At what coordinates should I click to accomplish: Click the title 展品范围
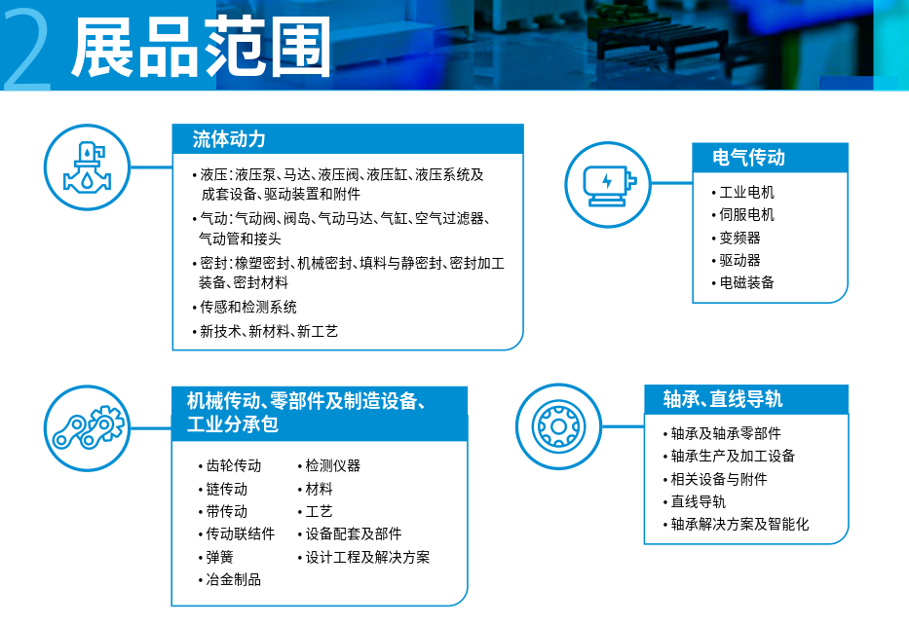201,47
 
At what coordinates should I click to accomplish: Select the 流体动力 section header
229,139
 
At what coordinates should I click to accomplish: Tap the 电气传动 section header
748,158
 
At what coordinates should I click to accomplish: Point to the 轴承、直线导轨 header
722,399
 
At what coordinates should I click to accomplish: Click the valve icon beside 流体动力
87,167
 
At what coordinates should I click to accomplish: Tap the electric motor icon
608,185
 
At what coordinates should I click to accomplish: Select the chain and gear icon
87,428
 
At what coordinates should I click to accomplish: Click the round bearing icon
558,426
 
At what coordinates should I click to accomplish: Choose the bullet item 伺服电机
746,215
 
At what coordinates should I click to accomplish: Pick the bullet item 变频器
739,238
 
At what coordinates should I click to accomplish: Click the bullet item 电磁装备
746,282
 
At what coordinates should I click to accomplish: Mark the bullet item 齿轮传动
234,465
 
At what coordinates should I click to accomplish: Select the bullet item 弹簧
220,557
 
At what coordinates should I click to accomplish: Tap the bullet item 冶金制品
234,580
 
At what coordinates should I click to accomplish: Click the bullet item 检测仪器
333,465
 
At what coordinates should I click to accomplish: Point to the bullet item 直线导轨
698,501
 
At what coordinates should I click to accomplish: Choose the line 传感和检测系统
248,307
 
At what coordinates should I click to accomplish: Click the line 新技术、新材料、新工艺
269,331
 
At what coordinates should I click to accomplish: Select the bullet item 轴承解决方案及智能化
739,524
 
